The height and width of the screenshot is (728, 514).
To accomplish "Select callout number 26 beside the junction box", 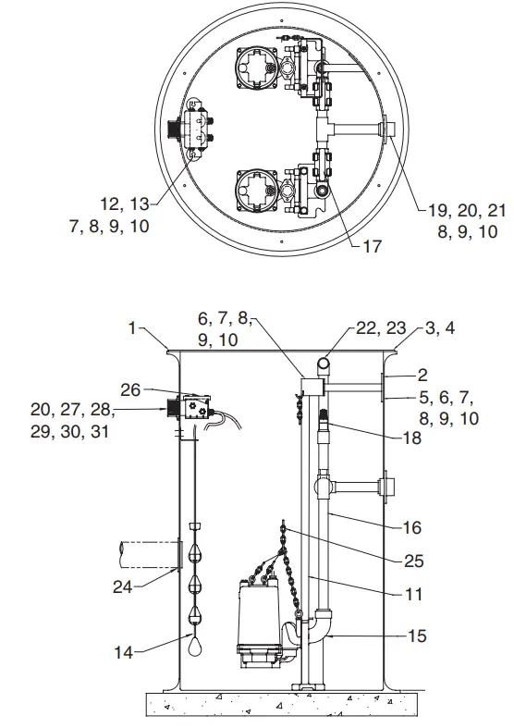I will pyautogui.click(x=132, y=389).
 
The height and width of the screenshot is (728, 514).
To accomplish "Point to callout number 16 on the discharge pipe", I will pyautogui.click(x=411, y=527).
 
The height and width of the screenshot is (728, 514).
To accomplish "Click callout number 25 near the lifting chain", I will pyautogui.click(x=411, y=561).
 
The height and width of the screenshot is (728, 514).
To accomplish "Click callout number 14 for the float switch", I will pyautogui.click(x=124, y=652).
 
